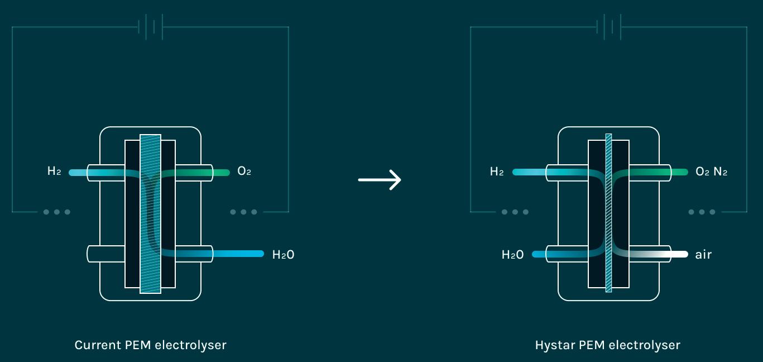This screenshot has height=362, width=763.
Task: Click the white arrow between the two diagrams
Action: pyautogui.click(x=380, y=180)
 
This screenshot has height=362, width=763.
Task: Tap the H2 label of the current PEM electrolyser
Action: pyautogui.click(x=54, y=171)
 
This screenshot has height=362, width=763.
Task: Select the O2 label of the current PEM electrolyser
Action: pyautogui.click(x=244, y=171)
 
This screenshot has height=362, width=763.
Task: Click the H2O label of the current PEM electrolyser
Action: pyautogui.click(x=283, y=254)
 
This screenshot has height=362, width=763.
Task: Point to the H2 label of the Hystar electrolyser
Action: pyautogui.click(x=497, y=171)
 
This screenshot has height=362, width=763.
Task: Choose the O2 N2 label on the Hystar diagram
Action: pyautogui.click(x=711, y=171)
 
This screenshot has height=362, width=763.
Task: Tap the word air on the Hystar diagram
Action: pyautogui.click(x=703, y=254)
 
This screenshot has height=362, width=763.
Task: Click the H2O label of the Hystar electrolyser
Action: pyautogui.click(x=512, y=254)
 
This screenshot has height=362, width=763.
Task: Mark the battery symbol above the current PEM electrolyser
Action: pyautogui.click(x=150, y=27)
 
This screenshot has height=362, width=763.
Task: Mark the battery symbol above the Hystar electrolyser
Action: pyautogui.click(x=609, y=27)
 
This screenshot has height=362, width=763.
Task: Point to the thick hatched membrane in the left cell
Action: pyautogui.click(x=150, y=214)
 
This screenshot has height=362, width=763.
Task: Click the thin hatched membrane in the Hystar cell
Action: pyautogui.click(x=608, y=213)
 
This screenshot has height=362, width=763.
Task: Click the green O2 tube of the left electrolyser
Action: pyautogui.click(x=195, y=173)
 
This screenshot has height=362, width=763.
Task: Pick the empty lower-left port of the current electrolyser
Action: pyautogui.click(x=105, y=254)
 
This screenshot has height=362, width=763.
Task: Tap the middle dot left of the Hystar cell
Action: pyautogui.click(x=515, y=212)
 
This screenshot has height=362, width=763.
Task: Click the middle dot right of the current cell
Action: pyautogui.click(x=243, y=212)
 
